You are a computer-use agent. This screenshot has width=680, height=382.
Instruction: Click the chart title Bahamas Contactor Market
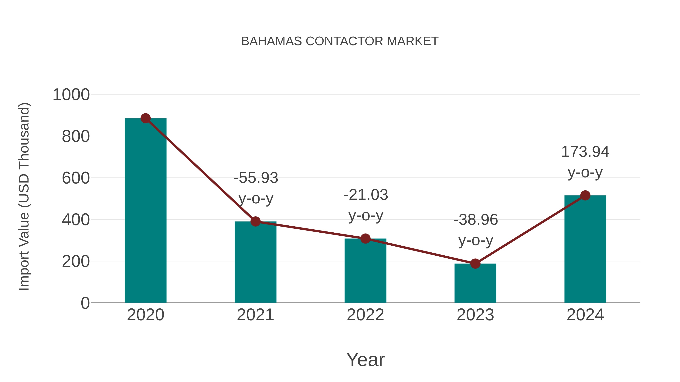(x=340, y=41)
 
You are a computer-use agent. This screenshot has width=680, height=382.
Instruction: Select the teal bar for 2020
(x=145, y=211)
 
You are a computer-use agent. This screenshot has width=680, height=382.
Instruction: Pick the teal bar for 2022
(x=365, y=271)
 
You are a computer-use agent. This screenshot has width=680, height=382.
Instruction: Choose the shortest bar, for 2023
(x=475, y=283)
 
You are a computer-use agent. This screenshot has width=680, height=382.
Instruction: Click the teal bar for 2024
(x=585, y=249)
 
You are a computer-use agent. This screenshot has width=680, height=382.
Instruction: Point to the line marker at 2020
(x=145, y=118)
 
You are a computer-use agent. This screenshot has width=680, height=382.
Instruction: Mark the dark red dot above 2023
(x=475, y=263)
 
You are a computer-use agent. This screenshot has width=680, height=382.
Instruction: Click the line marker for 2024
(x=585, y=195)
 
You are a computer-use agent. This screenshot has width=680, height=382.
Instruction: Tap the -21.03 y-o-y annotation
(x=366, y=205)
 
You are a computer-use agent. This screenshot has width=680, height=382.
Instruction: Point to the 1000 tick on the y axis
(x=71, y=95)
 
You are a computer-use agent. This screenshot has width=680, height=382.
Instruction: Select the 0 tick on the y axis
(x=85, y=303)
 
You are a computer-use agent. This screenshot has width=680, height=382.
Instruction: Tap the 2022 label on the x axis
(x=365, y=315)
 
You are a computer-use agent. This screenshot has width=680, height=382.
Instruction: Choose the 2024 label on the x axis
(x=585, y=315)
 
